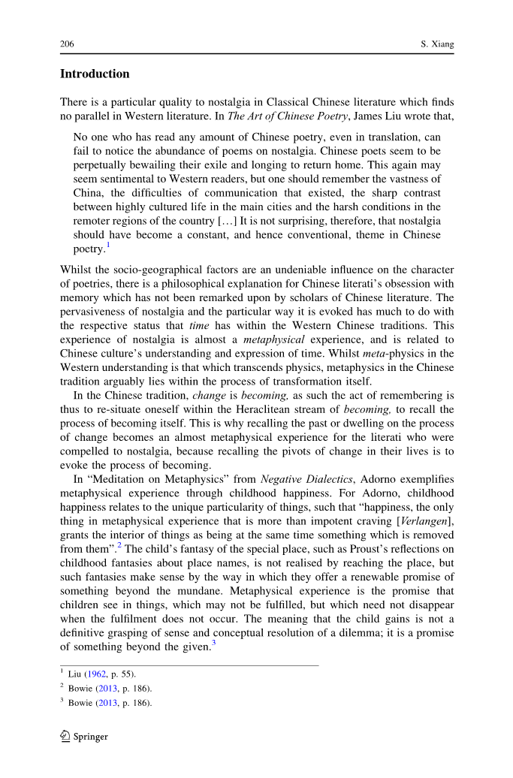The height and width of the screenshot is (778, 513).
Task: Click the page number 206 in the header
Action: pyautogui.click(x=67, y=45)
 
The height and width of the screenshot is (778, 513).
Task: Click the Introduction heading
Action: pyautogui.click(x=95, y=74)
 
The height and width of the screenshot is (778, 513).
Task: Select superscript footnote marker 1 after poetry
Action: pyautogui.click(x=108, y=245)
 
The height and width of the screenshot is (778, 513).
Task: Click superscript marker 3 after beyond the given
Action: pyautogui.click(x=213, y=644)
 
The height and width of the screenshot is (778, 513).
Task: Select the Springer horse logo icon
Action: pyautogui.click(x=65, y=736)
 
